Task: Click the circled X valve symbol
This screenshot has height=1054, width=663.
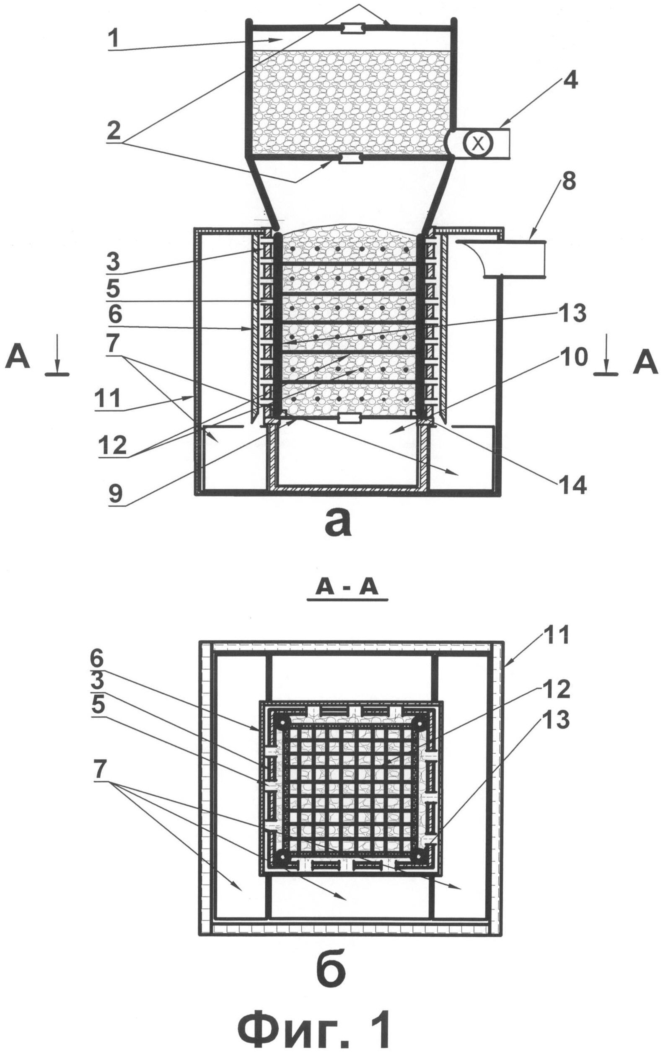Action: pos(478,143)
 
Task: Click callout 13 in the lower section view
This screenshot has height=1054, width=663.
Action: pos(555,719)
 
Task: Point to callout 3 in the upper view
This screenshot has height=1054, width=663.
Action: pos(114,263)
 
